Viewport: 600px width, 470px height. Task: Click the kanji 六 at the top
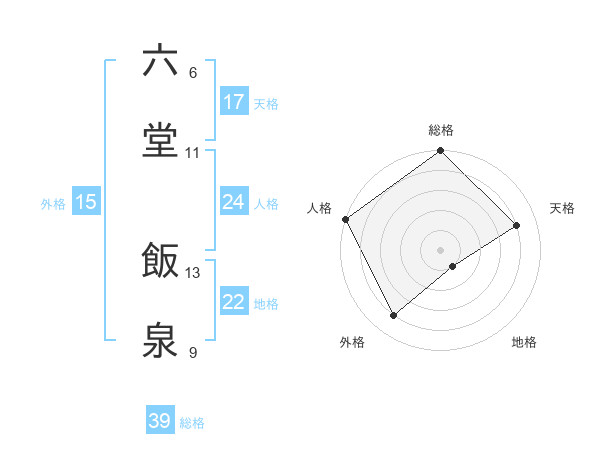click(x=160, y=61)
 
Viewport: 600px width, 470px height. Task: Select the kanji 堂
click(x=160, y=141)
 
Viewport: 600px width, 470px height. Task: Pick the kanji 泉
click(x=160, y=340)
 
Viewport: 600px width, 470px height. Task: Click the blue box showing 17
click(x=234, y=102)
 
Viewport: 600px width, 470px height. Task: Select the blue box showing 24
click(x=234, y=202)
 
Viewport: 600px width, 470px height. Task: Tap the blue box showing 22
click(x=234, y=302)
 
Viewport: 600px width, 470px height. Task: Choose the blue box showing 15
click(x=86, y=202)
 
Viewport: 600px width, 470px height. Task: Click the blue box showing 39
click(x=160, y=421)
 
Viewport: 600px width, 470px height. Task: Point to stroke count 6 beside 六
click(x=193, y=73)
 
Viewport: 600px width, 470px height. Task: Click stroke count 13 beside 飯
click(x=193, y=272)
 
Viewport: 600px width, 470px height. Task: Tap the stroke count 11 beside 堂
click(x=193, y=153)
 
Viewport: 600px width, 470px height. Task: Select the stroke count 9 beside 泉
click(x=193, y=352)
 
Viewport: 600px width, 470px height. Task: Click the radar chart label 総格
click(x=441, y=130)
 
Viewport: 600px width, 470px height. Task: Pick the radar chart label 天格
click(x=563, y=208)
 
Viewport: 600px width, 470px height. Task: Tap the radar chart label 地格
click(x=524, y=343)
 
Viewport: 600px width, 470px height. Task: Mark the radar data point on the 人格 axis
click(x=346, y=219)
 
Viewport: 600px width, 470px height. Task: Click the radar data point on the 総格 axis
click(x=441, y=152)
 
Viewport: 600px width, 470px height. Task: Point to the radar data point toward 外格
click(x=394, y=316)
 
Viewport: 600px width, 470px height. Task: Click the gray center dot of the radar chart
click(x=441, y=250)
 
